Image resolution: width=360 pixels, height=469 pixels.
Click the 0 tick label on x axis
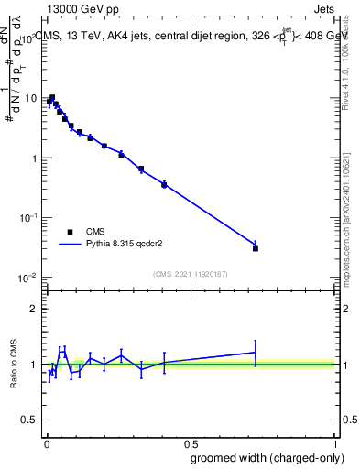[46, 441]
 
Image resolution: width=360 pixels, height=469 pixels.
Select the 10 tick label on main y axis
[33, 99]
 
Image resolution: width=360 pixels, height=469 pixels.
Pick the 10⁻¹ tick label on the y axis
[29, 217]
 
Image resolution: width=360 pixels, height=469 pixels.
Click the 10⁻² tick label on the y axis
[29, 277]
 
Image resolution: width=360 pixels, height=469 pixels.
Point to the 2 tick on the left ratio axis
[37, 309]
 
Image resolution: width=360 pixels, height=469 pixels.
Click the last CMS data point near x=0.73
[256, 248]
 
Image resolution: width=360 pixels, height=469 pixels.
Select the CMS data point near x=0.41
[164, 185]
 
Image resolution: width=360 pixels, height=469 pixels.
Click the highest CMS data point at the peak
[52, 97]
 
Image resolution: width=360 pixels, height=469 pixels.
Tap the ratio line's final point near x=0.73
[256, 352]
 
